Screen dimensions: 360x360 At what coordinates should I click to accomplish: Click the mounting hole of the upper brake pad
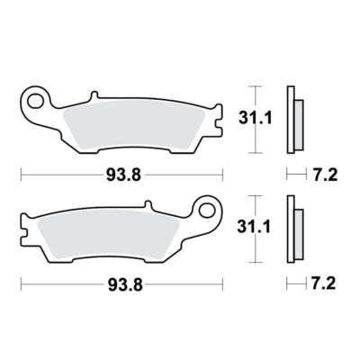[x=37, y=95]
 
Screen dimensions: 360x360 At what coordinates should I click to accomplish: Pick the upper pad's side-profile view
[x=292, y=118]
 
